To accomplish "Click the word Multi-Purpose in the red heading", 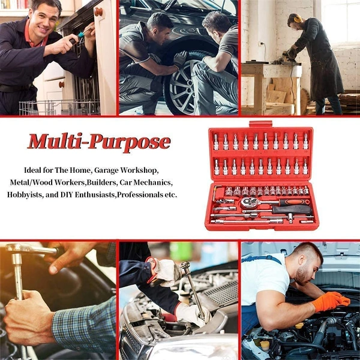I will tap(99, 142).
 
